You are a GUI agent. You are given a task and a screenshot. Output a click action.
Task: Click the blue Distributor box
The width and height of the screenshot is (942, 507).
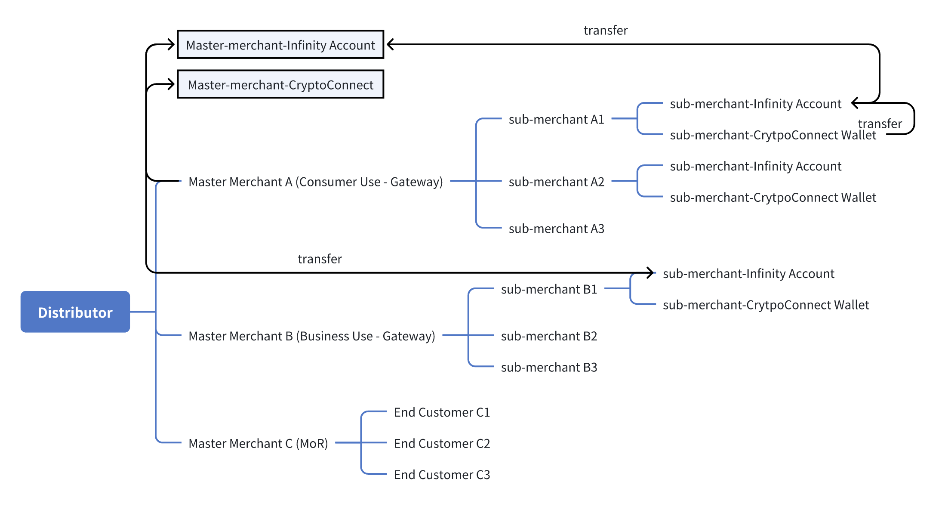(x=75, y=312)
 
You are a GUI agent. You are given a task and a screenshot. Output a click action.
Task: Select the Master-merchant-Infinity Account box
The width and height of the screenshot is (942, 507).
(x=280, y=44)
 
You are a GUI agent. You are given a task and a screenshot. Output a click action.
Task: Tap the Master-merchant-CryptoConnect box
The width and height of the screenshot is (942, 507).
(x=280, y=84)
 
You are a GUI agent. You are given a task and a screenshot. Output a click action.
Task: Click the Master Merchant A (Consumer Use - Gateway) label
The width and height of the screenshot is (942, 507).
(x=316, y=182)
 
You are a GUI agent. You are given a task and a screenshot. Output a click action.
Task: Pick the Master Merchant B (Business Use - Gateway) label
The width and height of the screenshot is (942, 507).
(x=312, y=336)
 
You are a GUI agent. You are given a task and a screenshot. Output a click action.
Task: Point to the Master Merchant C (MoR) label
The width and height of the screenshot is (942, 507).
(x=258, y=443)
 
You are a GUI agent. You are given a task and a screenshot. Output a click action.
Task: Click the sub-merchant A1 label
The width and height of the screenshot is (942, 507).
(x=557, y=119)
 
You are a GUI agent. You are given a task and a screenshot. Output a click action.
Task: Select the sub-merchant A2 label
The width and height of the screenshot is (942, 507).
(x=557, y=182)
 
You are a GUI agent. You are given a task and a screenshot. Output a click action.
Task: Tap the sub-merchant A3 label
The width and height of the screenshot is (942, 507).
(x=557, y=229)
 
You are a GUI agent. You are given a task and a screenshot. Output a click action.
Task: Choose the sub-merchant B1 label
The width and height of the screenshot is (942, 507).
(x=549, y=289)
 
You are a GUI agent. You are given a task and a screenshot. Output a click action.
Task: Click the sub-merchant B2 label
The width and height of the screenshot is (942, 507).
(x=549, y=336)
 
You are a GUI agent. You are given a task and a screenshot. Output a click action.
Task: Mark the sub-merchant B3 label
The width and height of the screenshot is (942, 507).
(x=549, y=367)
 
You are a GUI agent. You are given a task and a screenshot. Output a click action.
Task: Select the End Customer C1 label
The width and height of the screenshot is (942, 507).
(x=442, y=412)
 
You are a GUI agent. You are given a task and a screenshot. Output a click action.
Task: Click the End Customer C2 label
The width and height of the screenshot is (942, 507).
(x=442, y=443)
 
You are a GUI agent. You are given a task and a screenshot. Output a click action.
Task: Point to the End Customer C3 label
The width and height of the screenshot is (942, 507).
(x=442, y=475)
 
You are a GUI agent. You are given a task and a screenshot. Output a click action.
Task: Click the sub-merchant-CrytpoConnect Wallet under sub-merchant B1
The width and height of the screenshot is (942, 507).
(x=766, y=305)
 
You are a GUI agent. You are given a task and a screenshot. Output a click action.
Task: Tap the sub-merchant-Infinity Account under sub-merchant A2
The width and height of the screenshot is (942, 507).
(x=756, y=166)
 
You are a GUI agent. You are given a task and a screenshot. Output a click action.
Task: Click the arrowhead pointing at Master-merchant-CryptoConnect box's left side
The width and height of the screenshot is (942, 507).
(x=171, y=84)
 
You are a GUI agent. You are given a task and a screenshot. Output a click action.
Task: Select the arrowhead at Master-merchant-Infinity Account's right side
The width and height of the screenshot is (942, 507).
(x=391, y=44)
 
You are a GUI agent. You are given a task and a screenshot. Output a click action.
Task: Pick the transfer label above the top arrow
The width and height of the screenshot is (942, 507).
(x=606, y=30)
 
